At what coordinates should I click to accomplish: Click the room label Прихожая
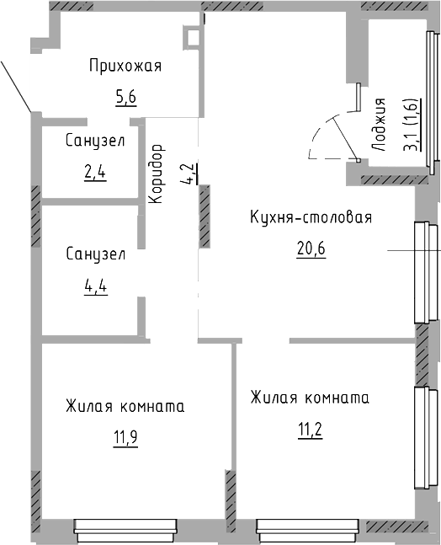(125, 67)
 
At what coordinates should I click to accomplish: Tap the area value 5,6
(125, 97)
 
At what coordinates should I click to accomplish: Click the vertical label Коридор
(156, 173)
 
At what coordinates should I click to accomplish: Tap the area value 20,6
(311, 249)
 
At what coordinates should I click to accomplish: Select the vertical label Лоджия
(380, 124)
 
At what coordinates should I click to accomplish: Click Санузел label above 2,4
(95, 142)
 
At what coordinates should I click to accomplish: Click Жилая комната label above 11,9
(125, 406)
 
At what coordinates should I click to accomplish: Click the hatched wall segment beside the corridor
(204, 218)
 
